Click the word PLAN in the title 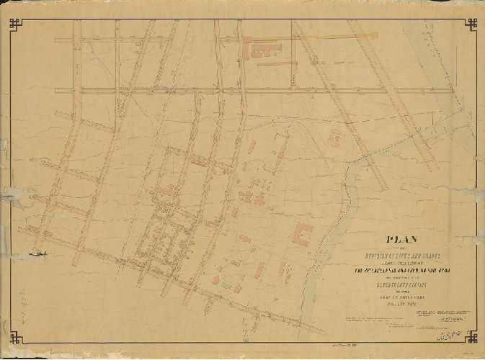(x=406, y=241)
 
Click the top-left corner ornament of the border (x=15, y=24)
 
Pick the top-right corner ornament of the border (x=471, y=24)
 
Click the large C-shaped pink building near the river (x=301, y=235)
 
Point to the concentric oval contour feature (x=336, y=137)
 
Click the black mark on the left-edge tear (x=43, y=253)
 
